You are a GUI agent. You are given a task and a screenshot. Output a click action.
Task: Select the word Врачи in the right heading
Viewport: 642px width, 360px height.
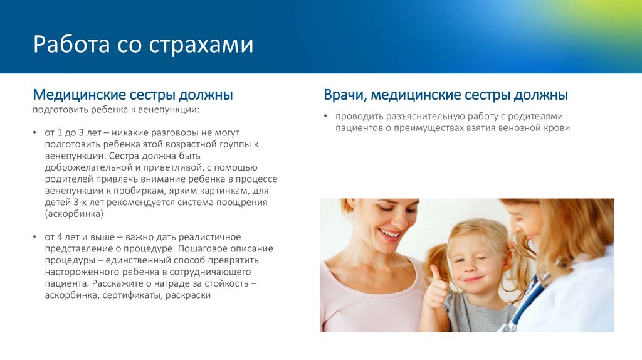point(344,95)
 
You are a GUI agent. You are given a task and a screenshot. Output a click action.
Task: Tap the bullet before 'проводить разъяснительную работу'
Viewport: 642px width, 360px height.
point(326,117)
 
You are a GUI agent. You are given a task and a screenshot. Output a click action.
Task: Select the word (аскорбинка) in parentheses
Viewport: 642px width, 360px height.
point(73,214)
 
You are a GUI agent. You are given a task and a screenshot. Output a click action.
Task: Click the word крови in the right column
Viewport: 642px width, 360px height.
point(557,128)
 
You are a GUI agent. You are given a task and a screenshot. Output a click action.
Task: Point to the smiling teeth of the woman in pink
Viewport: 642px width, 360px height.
point(389,234)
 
